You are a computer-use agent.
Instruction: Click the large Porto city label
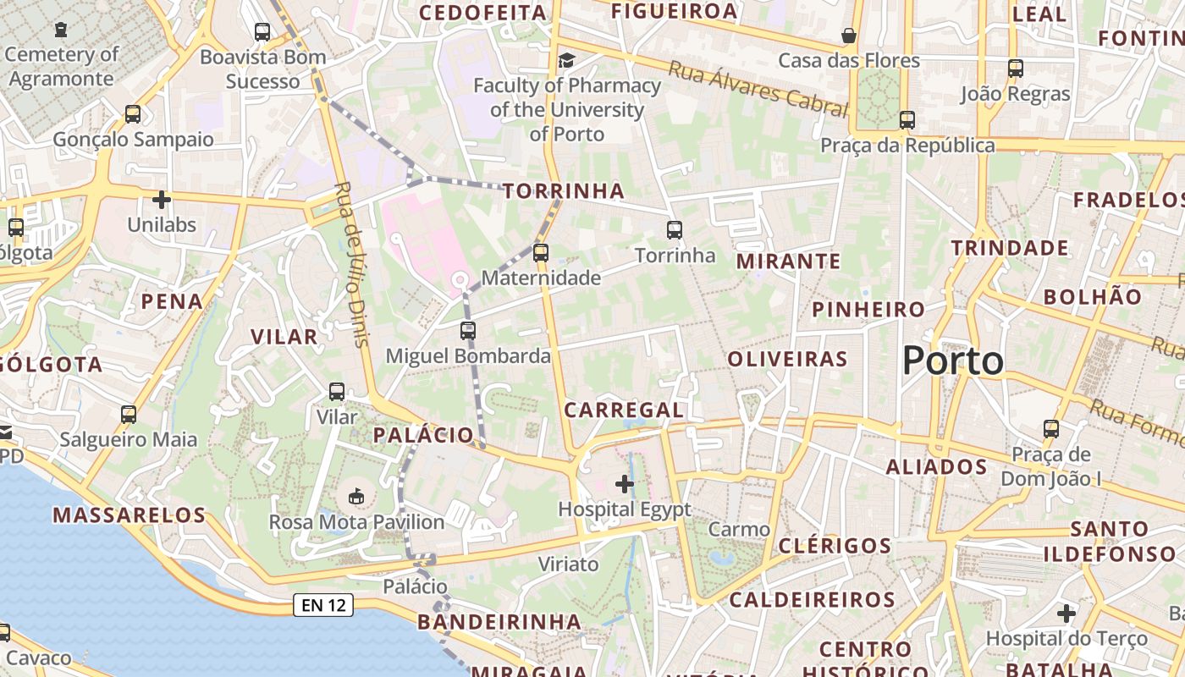click(952, 361)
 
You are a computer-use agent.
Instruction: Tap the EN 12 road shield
click(323, 605)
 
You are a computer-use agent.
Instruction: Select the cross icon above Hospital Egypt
click(625, 484)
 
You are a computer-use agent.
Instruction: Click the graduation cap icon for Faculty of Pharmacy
click(566, 60)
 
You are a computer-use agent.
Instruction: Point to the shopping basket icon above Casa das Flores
click(848, 36)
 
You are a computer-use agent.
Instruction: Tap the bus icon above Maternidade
click(541, 252)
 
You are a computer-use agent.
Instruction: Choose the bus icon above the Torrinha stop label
click(675, 229)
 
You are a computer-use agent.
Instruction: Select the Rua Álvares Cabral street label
click(758, 88)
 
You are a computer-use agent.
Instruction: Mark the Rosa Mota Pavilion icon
click(356, 496)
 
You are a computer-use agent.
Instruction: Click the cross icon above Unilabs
click(161, 200)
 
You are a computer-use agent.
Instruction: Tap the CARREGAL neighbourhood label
click(624, 410)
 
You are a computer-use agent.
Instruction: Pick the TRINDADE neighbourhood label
click(1010, 248)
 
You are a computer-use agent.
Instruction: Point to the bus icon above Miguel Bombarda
click(468, 331)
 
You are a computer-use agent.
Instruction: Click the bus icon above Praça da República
click(907, 120)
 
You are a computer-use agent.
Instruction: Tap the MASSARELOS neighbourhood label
click(130, 515)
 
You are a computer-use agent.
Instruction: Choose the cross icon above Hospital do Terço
click(1066, 613)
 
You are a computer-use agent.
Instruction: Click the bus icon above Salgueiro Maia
click(129, 415)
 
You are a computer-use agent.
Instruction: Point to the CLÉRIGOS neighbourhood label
click(835, 545)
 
